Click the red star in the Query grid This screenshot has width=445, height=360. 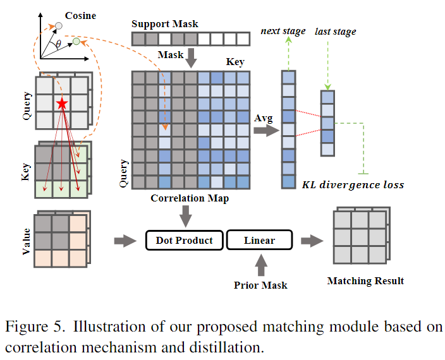pos(62,103)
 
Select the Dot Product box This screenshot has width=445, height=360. pos(184,241)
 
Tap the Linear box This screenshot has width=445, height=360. pos(259,241)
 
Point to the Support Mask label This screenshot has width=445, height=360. pos(164,24)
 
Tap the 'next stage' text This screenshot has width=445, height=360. pos(283,31)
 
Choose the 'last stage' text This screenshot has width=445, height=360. pos(335,31)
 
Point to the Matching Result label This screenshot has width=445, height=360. pos(365,280)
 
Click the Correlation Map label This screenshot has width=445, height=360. pos(189,198)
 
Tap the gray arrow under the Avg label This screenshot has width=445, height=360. pos(264,131)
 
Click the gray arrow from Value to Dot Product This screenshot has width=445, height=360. pos(125,241)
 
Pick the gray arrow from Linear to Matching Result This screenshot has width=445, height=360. pos(312,241)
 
